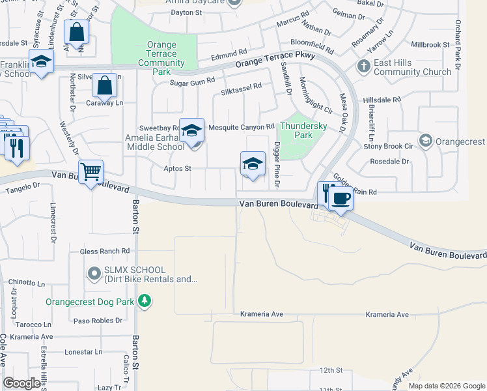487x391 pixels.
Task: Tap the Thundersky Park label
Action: click(x=296, y=131)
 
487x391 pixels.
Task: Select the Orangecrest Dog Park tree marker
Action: click(x=148, y=302)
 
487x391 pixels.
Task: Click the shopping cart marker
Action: click(x=91, y=172)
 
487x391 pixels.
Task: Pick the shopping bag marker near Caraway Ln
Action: click(x=104, y=85)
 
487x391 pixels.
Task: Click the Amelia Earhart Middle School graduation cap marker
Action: click(x=192, y=130)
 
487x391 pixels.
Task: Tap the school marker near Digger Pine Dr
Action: click(x=253, y=164)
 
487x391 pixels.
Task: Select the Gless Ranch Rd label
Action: click(x=105, y=251)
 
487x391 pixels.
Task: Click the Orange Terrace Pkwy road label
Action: click(x=275, y=60)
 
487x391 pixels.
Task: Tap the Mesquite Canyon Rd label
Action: click(x=242, y=127)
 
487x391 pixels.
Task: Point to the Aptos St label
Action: click(x=177, y=168)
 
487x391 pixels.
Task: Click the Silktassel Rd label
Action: click(x=241, y=86)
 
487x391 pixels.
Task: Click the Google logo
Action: click(x=21, y=384)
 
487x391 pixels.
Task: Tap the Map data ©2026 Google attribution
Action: click(x=446, y=386)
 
